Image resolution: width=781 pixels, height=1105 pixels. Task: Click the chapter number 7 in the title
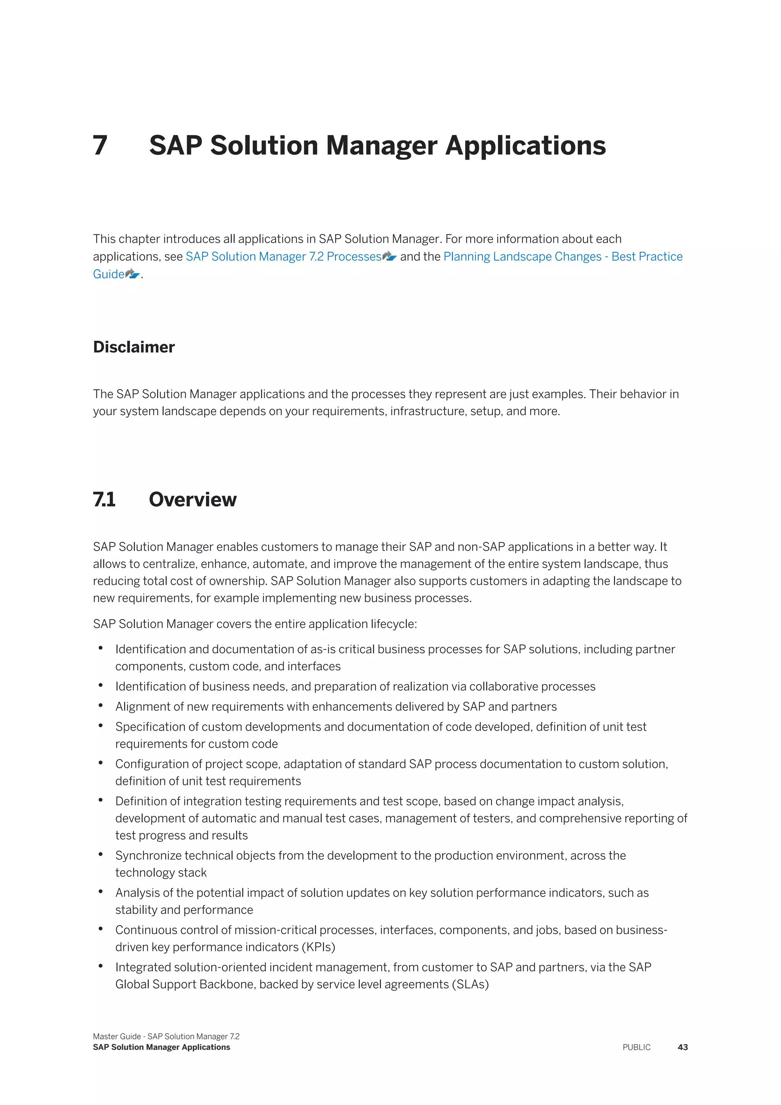[x=100, y=145]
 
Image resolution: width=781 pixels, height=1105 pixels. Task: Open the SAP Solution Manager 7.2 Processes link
[x=283, y=256]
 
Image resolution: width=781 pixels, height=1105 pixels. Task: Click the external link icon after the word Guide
[x=132, y=274]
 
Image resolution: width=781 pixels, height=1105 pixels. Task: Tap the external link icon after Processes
[x=389, y=256]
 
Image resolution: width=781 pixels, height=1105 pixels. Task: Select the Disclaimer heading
[x=134, y=347]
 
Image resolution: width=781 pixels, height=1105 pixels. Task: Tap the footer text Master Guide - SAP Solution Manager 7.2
[x=166, y=1036]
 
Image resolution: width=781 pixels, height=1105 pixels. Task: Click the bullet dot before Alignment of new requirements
[x=101, y=706]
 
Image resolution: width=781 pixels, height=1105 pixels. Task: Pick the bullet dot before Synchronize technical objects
[x=101, y=854]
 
